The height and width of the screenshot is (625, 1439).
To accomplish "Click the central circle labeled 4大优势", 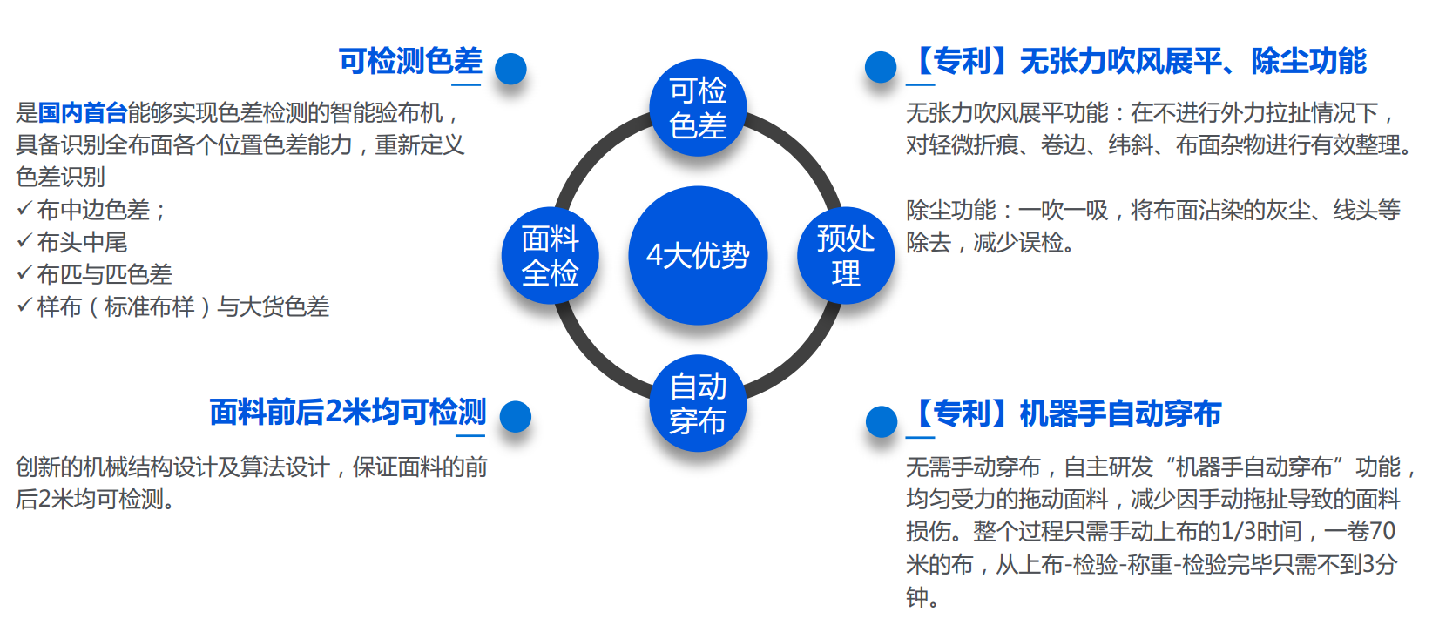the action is (698, 255).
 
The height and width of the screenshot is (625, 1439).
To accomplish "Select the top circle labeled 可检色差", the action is (698, 108).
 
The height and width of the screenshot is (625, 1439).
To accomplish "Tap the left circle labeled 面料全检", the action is (550, 255).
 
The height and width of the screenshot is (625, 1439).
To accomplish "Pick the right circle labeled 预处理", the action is (846, 255).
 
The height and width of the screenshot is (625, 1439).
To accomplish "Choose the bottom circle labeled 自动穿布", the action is (698, 403).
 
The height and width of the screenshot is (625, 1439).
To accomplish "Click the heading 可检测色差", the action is (410, 61).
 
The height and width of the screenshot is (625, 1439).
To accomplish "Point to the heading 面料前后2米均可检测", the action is (348, 412).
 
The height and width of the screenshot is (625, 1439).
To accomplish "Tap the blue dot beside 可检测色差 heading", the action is (510, 69).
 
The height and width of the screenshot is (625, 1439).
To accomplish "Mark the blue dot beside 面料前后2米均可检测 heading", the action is (515, 416).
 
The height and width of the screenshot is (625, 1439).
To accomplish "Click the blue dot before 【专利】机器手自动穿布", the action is (882, 421).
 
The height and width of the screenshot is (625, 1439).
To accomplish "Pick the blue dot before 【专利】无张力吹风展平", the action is (881, 67).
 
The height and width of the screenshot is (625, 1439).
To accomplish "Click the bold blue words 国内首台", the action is (82, 113).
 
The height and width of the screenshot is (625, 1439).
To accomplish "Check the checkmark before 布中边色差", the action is (24, 208).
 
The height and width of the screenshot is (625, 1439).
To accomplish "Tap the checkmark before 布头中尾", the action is (24, 240).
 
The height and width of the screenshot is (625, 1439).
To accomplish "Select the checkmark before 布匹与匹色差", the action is (24, 272).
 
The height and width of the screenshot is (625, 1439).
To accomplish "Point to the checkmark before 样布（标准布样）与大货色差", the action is (24, 305).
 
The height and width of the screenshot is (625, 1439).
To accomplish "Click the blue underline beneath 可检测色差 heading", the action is (466, 84).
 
